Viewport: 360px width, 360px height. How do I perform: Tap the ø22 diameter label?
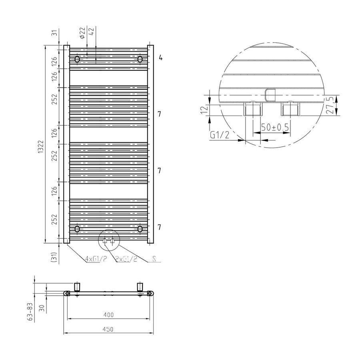pyautogui.click(x=82, y=33)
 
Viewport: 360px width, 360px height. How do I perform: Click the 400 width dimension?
pyautogui.click(x=108, y=315)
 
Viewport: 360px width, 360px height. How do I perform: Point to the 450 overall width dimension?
pyautogui.click(x=108, y=329)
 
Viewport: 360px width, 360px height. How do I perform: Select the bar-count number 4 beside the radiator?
pyautogui.click(x=160, y=58)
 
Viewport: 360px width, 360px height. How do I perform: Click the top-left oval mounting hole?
pyautogui.click(x=77, y=60)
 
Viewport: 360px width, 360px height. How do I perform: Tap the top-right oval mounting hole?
pyautogui.click(x=140, y=59)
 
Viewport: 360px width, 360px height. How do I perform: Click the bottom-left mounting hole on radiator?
pyautogui.click(x=77, y=229)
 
